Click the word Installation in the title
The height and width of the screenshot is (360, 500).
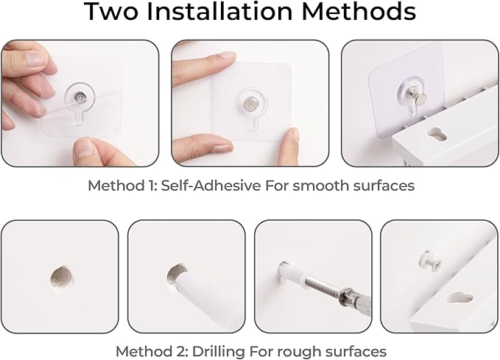pos(219,12)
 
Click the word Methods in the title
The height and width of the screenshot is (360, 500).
pos(359,12)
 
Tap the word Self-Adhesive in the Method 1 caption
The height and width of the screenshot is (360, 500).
pos(211,186)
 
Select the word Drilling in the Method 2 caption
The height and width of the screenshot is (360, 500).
pos(219,351)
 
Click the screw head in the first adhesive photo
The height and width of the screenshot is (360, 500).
pos(80,96)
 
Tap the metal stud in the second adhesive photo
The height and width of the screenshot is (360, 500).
pos(250,104)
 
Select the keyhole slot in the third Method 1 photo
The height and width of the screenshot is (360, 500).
pos(437,135)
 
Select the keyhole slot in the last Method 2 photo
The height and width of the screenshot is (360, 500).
pos(459,298)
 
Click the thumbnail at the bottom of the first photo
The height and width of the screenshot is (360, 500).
pos(84,148)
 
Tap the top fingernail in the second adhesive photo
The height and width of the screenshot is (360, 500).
pos(225,55)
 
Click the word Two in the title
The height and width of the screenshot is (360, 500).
pos(112,12)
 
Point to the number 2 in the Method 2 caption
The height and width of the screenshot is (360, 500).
pos(181,351)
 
